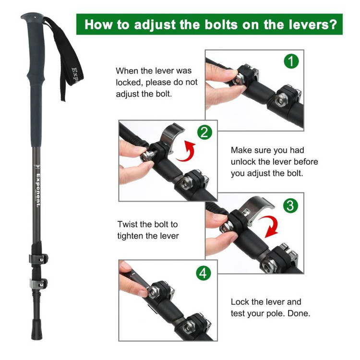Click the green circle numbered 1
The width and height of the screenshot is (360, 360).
point(291,61)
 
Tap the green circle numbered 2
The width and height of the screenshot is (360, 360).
point(205,132)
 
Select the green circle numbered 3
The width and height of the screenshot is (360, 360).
point(290,205)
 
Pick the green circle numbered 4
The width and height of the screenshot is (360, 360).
point(204,274)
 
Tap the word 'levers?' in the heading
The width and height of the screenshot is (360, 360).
point(313,24)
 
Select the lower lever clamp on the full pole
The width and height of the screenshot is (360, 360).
point(38,284)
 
